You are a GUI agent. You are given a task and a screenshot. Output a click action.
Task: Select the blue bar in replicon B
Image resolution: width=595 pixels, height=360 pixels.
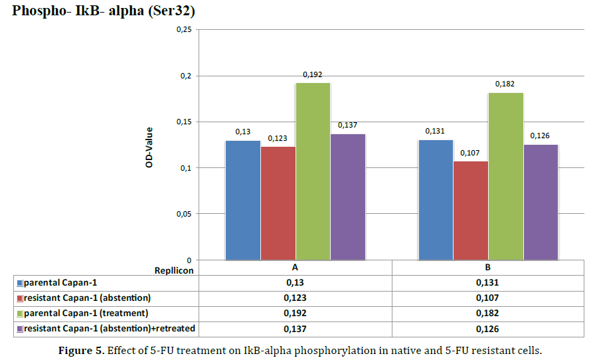[436, 199]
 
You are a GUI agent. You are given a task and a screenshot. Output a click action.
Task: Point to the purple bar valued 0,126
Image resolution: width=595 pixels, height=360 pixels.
[540, 202]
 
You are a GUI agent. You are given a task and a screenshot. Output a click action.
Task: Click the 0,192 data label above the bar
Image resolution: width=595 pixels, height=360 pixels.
[312, 75]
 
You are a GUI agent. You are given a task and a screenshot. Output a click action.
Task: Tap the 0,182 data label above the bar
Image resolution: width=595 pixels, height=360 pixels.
[505, 84]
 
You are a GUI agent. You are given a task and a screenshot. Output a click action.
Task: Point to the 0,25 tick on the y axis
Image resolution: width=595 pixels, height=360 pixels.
[183, 30]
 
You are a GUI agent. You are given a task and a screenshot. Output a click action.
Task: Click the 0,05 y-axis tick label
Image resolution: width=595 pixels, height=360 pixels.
[183, 214]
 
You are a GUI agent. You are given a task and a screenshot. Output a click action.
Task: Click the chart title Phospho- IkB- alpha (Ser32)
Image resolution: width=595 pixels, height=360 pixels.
[104, 11]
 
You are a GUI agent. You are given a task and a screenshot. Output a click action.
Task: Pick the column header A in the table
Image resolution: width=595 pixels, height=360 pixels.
[296, 268]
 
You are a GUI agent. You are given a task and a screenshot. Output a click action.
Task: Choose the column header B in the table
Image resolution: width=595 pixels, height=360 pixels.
[488, 268]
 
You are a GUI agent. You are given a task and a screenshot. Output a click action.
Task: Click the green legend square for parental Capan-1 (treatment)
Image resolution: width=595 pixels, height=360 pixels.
[19, 313]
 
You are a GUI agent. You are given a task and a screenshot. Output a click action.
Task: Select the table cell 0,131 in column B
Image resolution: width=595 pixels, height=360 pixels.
[488, 282]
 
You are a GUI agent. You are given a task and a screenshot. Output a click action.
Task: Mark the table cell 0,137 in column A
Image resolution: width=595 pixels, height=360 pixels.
[296, 328]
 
